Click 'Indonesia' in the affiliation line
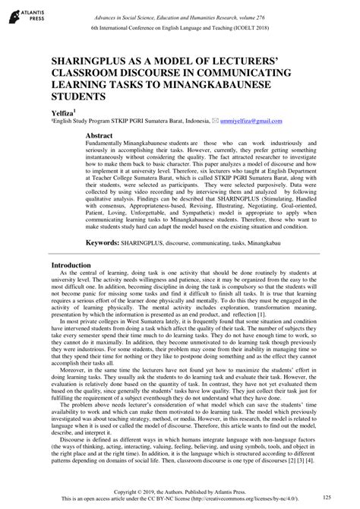pyautogui.click(x=195, y=120)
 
